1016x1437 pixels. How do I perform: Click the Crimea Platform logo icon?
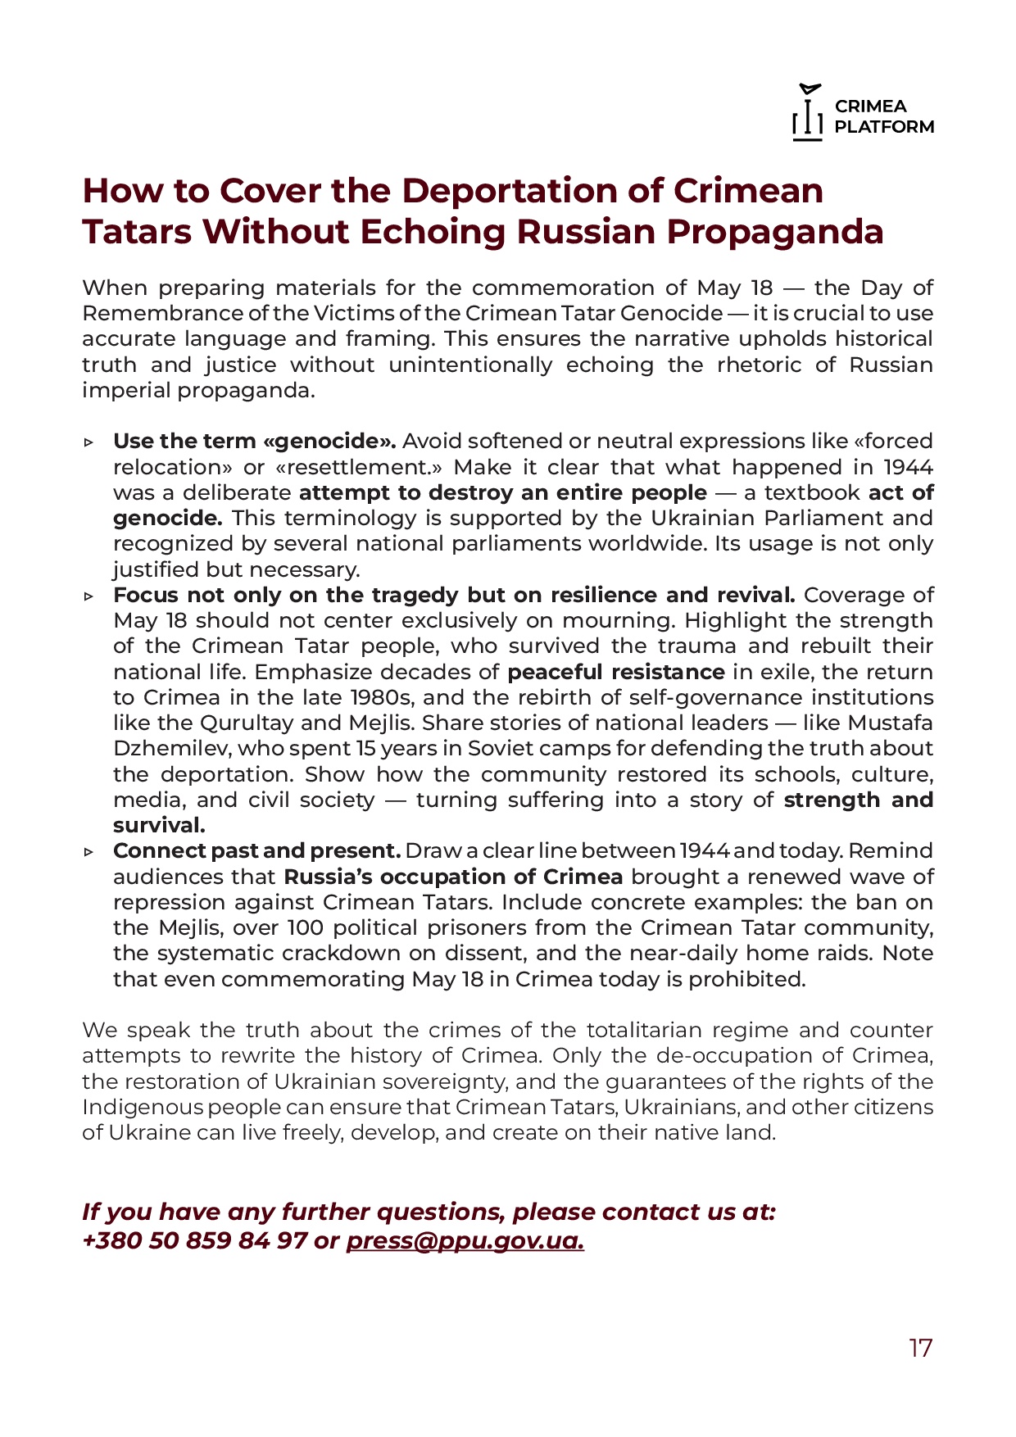point(808,113)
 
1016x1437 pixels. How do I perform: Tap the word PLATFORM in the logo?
point(884,127)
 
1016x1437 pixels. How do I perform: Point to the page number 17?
point(920,1348)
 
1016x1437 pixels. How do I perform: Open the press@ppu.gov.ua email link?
point(465,1240)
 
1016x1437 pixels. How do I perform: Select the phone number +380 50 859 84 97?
point(195,1240)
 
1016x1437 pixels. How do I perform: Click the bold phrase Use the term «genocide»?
point(255,442)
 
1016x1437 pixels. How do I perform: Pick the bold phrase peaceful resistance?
point(616,673)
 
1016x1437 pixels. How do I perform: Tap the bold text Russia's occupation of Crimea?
point(453,877)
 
